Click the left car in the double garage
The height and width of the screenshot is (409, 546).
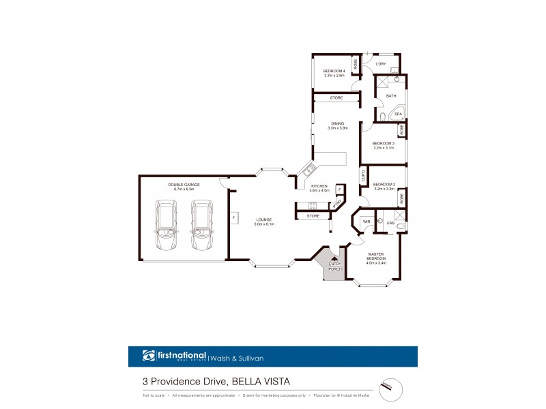click(166, 226)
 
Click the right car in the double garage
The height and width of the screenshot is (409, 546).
click(201, 226)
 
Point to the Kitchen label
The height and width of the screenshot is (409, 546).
click(319, 186)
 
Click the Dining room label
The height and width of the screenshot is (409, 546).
click(338, 123)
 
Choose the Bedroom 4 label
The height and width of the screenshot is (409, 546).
click(334, 72)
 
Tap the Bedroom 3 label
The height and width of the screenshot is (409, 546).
click(384, 143)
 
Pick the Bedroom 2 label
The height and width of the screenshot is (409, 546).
click(384, 184)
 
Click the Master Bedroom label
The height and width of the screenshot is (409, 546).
click(376, 257)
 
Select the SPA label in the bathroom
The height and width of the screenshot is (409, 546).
click(398, 114)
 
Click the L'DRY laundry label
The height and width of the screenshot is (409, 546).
click(382, 64)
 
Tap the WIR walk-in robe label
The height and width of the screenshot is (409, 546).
click(366, 222)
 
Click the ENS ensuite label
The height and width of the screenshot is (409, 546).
click(390, 223)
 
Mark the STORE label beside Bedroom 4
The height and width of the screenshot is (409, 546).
click(336, 99)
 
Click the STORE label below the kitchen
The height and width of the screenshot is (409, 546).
click(313, 216)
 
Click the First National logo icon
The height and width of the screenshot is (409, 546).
click(149, 355)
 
